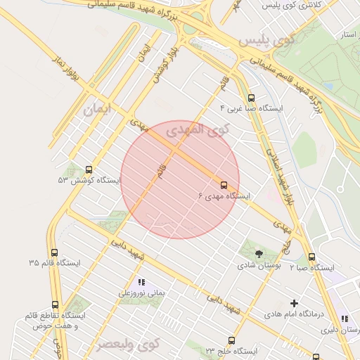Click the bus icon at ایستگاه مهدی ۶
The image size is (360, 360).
tap(224, 185)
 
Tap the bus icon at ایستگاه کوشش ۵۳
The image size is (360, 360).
tap(89, 169)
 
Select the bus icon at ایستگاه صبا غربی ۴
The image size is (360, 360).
tap(252, 98)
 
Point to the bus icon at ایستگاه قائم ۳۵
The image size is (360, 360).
tap(54, 252)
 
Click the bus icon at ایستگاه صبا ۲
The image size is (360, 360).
tap(312, 257)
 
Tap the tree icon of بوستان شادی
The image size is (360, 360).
tap(260, 255)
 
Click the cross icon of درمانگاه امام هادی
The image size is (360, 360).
tap(294, 303)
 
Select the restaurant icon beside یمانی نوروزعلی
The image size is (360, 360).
tap(141, 282)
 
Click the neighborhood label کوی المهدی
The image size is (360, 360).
tap(198, 130)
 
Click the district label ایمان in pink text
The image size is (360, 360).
tap(97, 110)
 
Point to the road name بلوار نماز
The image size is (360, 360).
tap(67, 68)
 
